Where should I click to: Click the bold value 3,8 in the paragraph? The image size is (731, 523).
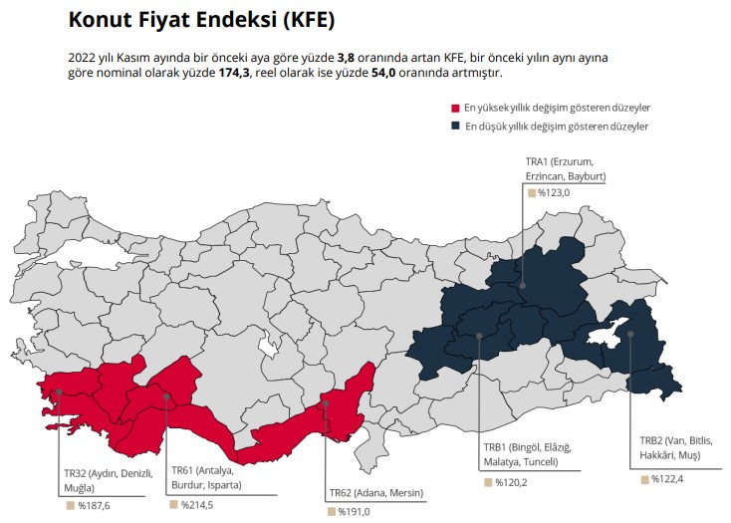(x=346, y=58)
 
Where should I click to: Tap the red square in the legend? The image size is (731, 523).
(x=455, y=108)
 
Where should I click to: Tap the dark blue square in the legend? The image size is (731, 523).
(x=455, y=127)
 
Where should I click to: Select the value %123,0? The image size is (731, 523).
(x=553, y=192)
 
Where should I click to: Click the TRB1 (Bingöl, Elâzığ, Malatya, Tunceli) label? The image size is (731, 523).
(x=528, y=454)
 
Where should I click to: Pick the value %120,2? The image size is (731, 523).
(x=510, y=482)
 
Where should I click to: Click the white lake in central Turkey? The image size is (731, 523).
(x=267, y=348)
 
